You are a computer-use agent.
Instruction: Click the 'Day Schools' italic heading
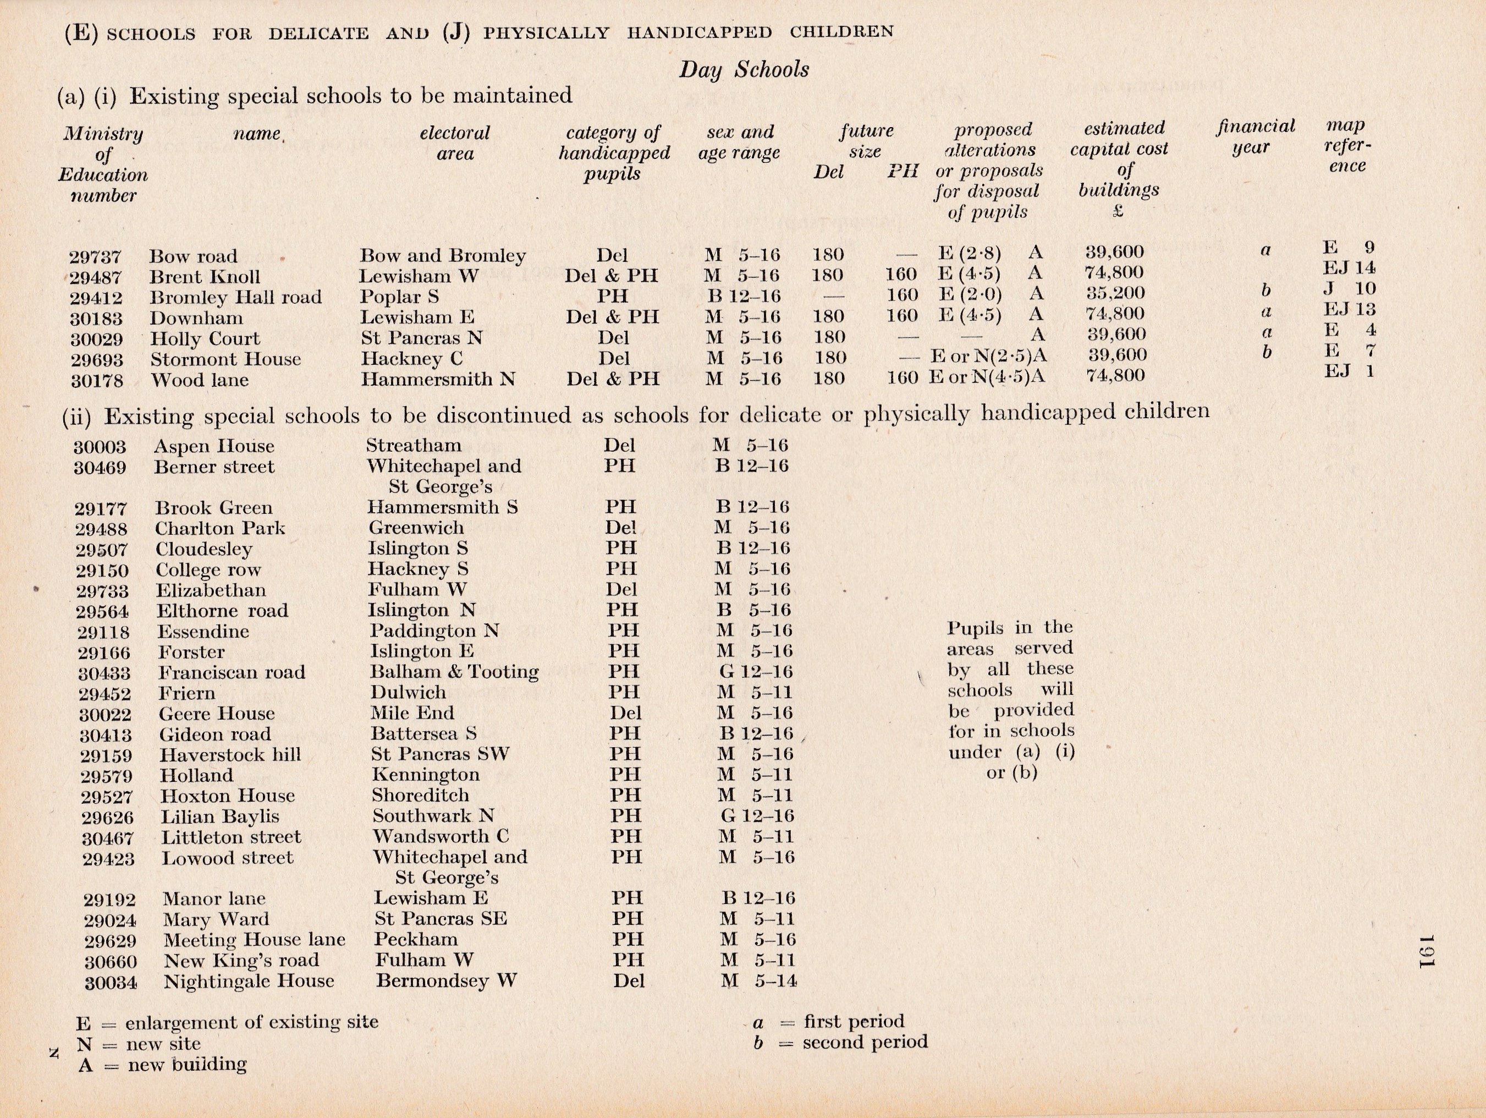coord(744,70)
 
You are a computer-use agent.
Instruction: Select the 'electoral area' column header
coord(455,143)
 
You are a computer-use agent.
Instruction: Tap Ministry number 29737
coord(95,256)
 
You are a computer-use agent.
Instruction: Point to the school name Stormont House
coord(225,359)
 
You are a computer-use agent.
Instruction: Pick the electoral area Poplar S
coord(399,297)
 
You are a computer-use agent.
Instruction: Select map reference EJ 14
coord(1349,268)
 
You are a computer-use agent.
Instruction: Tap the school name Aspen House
coord(213,447)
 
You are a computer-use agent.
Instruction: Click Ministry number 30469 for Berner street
coord(100,468)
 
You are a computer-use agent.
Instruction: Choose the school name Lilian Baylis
coord(219,817)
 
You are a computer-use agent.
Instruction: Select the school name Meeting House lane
coord(254,940)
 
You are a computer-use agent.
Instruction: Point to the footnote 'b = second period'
coord(840,1042)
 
